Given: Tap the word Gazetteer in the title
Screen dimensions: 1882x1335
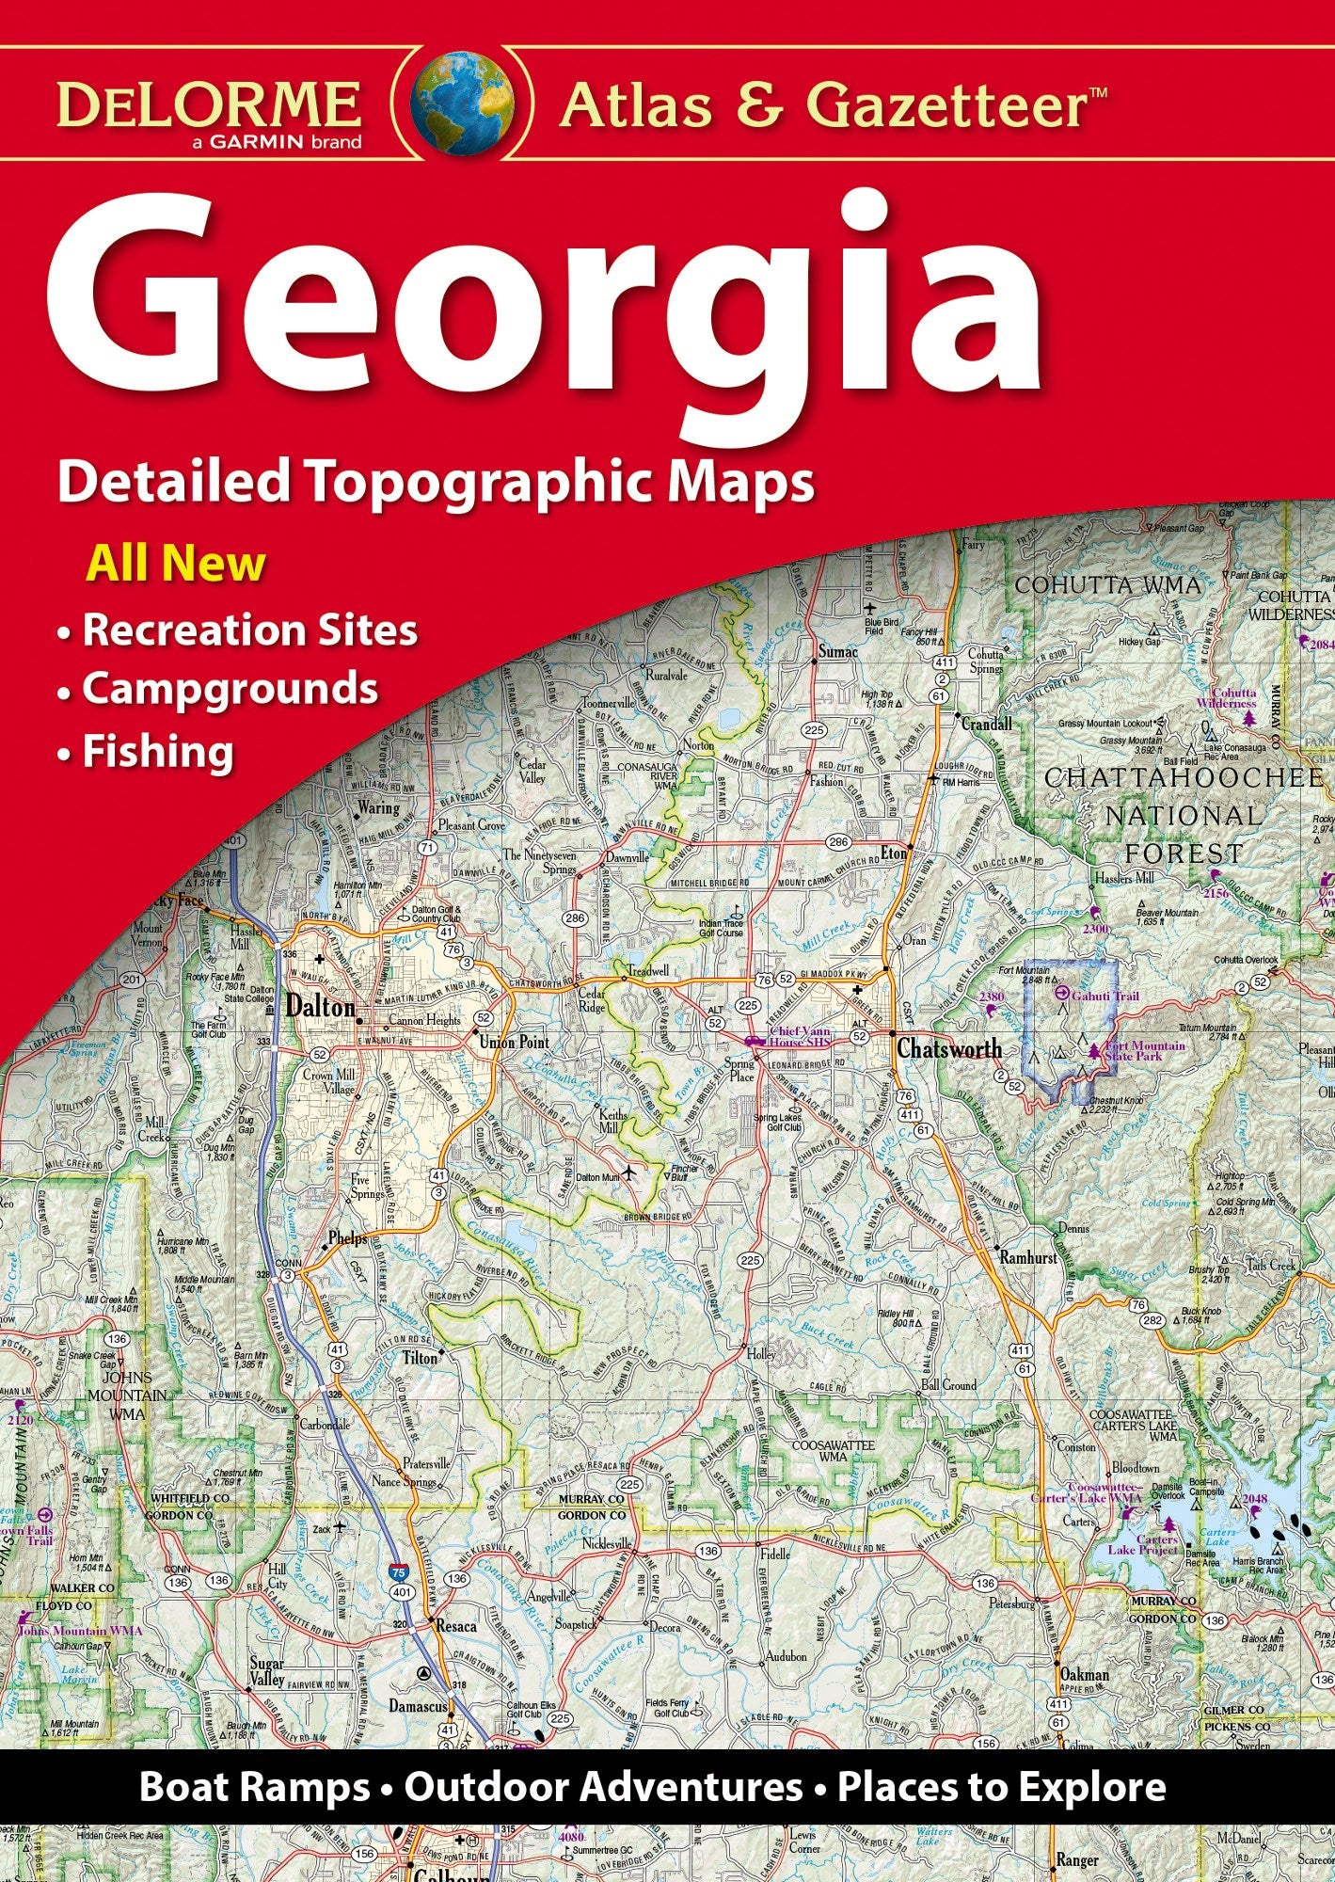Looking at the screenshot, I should [x=946, y=105].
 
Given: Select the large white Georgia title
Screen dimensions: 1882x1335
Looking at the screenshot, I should [x=546, y=301].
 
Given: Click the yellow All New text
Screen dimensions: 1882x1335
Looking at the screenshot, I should [x=176, y=565].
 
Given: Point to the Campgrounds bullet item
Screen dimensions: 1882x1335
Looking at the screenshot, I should [x=230, y=689].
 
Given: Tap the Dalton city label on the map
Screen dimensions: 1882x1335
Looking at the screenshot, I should [x=320, y=1007].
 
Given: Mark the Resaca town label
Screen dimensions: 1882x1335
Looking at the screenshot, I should [x=455, y=1625].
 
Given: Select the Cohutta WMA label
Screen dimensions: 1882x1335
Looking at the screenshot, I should [x=1107, y=585].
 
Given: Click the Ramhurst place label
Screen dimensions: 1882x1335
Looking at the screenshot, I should [x=1028, y=1257].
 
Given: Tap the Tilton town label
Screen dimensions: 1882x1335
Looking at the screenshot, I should [x=420, y=1358].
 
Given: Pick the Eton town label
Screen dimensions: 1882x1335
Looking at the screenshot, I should [x=893, y=853].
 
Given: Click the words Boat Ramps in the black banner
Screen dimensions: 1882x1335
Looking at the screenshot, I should [x=254, y=1787].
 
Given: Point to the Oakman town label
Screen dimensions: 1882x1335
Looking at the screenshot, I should [x=1084, y=1675].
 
